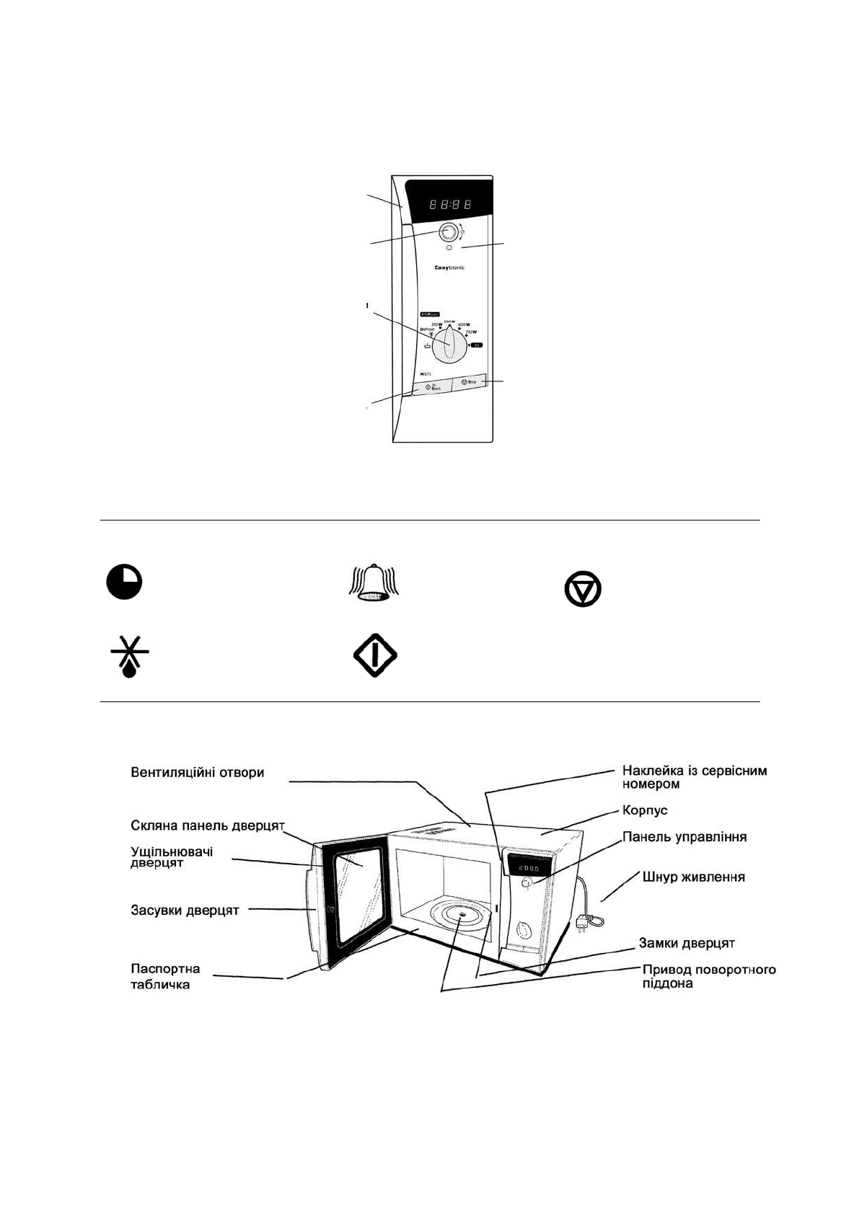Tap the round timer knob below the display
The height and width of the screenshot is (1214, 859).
click(448, 232)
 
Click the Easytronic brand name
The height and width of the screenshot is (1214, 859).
click(449, 267)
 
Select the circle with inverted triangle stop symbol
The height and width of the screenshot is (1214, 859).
click(583, 590)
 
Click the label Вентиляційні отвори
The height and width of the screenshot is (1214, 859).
click(198, 772)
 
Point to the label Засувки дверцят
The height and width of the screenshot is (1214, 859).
click(185, 910)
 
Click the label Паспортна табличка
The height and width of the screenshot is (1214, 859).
click(166, 976)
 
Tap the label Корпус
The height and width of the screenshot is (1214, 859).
click(645, 810)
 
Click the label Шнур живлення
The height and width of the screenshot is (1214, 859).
click(694, 877)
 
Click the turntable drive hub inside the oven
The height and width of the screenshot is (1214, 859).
click(460, 916)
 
